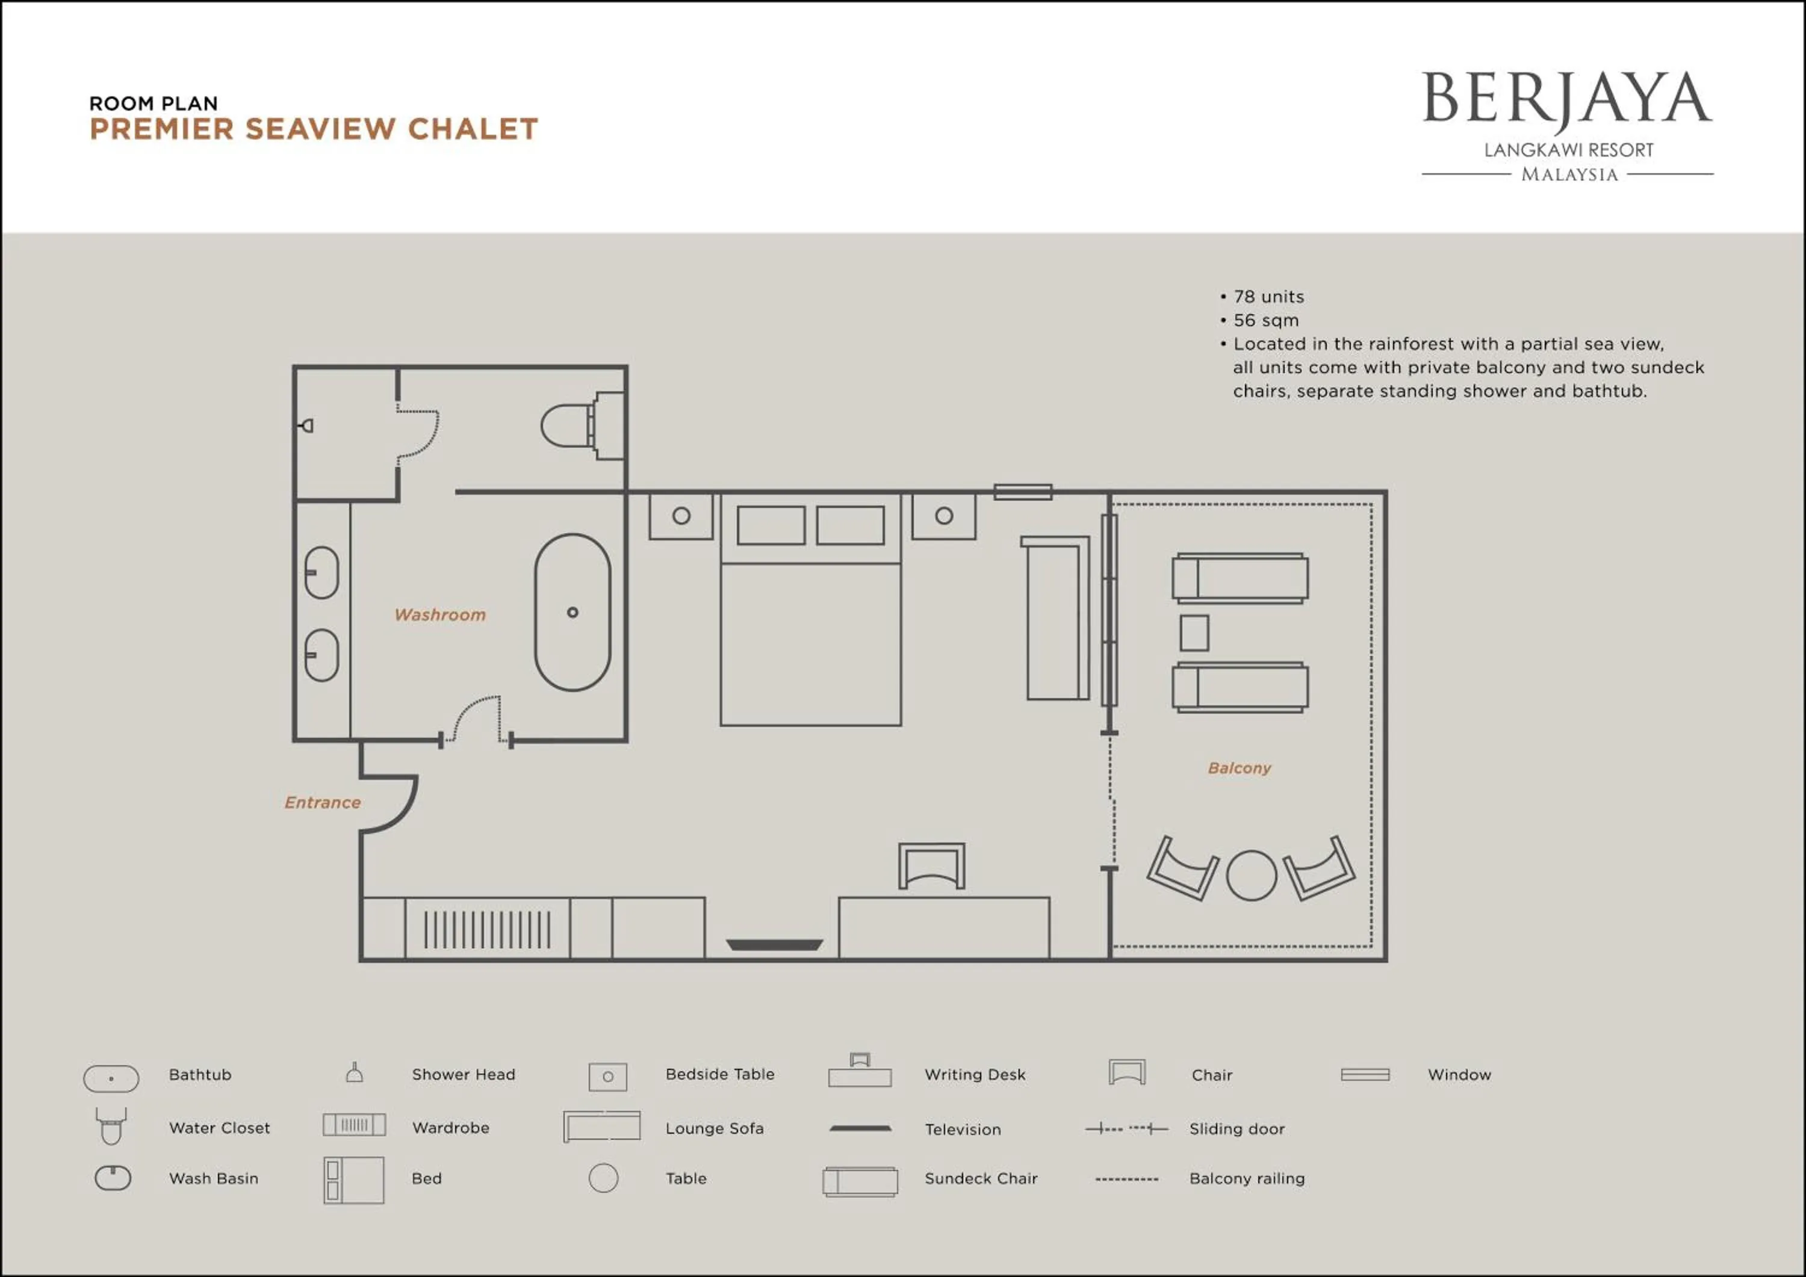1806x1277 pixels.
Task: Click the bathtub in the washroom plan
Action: (x=572, y=613)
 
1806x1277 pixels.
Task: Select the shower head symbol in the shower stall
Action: (x=307, y=425)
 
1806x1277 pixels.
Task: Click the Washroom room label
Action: (x=439, y=615)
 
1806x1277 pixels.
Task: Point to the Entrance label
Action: (x=323, y=803)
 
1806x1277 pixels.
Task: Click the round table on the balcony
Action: (x=1251, y=875)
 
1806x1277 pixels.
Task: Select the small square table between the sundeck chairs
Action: (x=1194, y=633)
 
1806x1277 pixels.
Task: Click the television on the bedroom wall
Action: (x=774, y=944)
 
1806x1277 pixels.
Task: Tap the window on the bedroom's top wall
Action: (x=1023, y=492)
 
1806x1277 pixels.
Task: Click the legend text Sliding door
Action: (x=1237, y=1129)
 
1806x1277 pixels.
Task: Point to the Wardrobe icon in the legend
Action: (x=354, y=1125)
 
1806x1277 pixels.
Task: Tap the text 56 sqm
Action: (x=1265, y=321)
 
